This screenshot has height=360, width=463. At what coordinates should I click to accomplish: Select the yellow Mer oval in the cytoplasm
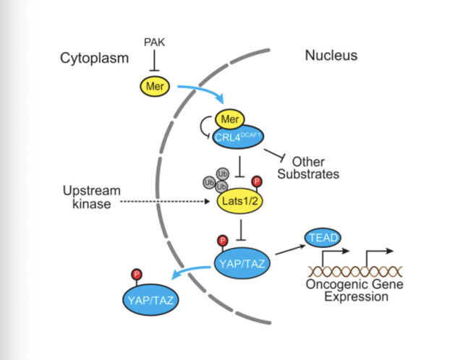coord(153,88)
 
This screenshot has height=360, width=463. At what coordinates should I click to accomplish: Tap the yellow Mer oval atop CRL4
coord(230,117)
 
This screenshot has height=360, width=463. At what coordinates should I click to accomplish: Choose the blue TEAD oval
coord(323,237)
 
